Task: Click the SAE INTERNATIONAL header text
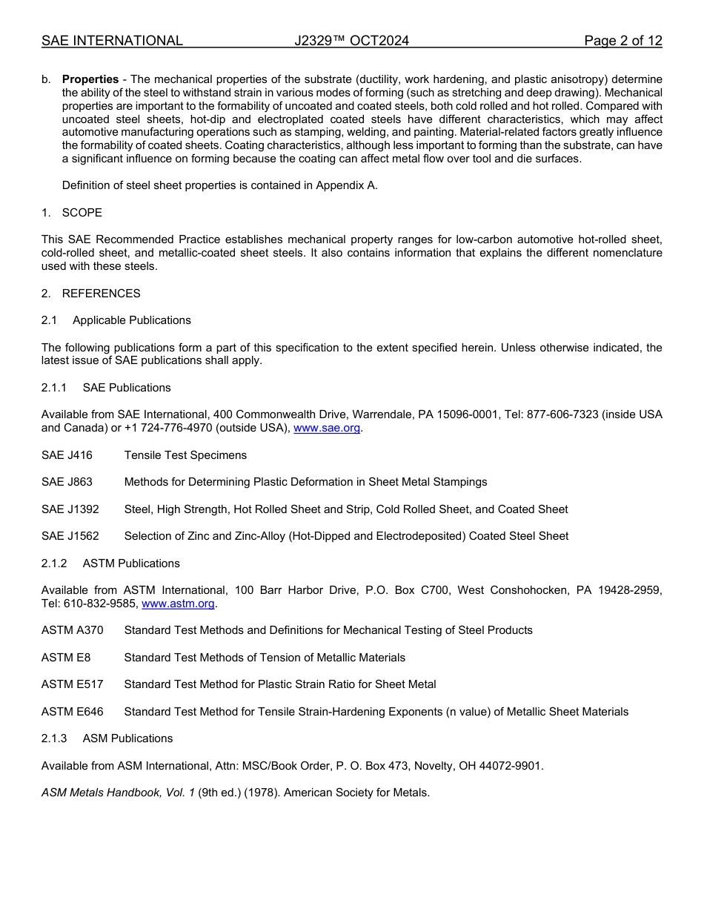(x=112, y=41)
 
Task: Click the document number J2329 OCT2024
(x=351, y=41)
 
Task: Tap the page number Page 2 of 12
(x=622, y=41)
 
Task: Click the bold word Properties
(x=90, y=79)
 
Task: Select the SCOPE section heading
(x=82, y=213)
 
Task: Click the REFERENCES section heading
(x=101, y=294)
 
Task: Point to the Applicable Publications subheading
(x=131, y=320)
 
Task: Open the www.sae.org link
(x=327, y=428)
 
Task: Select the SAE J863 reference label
(x=67, y=482)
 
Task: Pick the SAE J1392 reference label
(x=70, y=509)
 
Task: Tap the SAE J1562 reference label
(x=70, y=536)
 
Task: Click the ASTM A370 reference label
(x=72, y=630)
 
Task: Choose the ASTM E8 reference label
(x=67, y=658)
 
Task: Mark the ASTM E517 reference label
(x=72, y=684)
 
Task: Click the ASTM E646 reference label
(x=72, y=712)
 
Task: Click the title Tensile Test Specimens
(x=185, y=455)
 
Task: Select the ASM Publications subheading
(x=127, y=738)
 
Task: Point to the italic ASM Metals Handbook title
(x=118, y=793)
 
